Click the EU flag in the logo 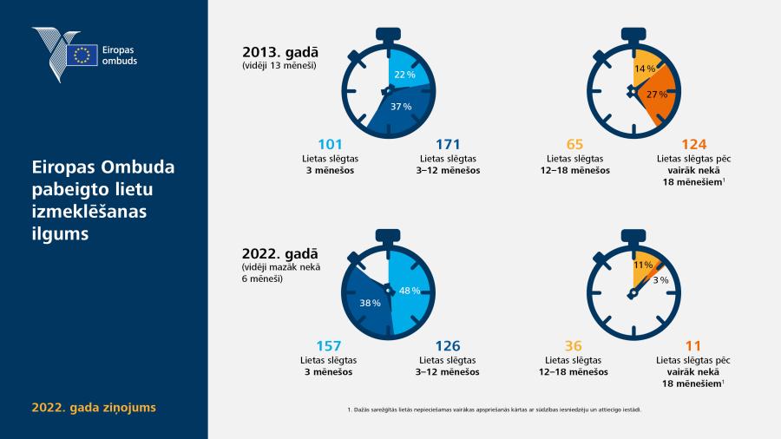coord(82,55)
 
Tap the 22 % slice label coord(404,75)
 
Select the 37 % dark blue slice coord(401,109)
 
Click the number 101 coord(330,144)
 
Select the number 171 coord(448,144)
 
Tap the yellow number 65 coord(574,144)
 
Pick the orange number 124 coord(694,144)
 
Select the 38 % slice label coord(370,303)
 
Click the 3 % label coord(660,280)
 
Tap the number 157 coord(329,346)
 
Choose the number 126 coord(448,346)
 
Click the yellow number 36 coord(574,346)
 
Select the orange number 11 coord(692,346)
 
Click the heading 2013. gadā coord(280,52)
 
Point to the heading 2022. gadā coord(280,254)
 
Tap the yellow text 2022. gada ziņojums coord(94,408)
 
